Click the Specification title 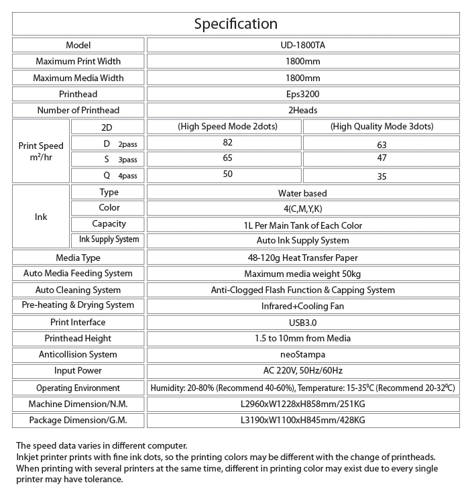pos(236,24)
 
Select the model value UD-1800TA pos(303,46)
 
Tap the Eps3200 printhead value pos(303,94)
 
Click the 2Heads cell pos(303,110)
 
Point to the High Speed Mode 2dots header pos(227,127)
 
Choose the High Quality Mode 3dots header pos(381,127)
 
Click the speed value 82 pos(227,143)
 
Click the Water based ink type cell pos(303,193)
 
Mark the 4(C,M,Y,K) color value pos(303,209)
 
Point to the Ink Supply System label pos(109,239)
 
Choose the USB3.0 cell pos(303,323)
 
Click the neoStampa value pos(303,354)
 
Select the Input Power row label pos(78,370)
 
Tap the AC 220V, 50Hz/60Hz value pos(303,370)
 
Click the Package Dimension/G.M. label pos(78,421)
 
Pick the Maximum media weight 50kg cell pos(303,274)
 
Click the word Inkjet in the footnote pos(27,457)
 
